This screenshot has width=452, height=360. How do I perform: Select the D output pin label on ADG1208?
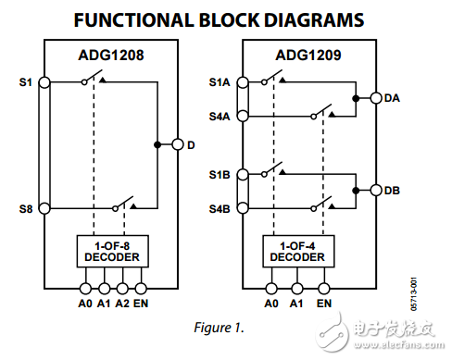pos(191,145)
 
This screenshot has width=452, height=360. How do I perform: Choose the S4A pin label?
pos(219,117)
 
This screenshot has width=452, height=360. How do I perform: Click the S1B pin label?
pos(219,173)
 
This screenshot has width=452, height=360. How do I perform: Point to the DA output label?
pos(391,97)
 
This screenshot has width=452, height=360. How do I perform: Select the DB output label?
pos(391,190)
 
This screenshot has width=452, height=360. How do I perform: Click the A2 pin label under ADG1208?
pos(121,302)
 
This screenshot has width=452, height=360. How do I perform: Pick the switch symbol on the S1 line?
pos(92,82)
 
